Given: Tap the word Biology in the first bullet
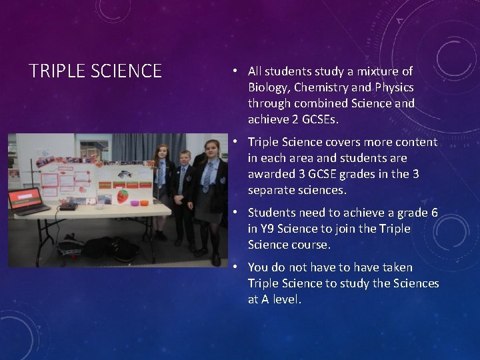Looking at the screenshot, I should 268,87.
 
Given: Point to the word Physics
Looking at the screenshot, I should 394,87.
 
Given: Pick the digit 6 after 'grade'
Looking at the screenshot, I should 434,213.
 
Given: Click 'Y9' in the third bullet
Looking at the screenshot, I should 267,229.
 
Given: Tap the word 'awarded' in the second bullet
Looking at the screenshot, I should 271,174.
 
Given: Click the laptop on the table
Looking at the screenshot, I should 27,201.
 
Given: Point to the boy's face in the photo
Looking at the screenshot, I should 185,158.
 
